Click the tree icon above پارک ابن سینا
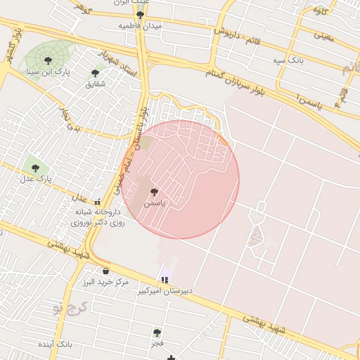pyautogui.click(x=48, y=60)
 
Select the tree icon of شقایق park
pyautogui.click(x=96, y=72)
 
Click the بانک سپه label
pyautogui.click(x=289, y=60)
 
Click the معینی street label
pyautogui.click(x=324, y=34)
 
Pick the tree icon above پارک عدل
pyautogui.click(x=35, y=168)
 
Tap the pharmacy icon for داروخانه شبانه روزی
pyautogui.click(x=97, y=202)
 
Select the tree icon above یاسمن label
pyautogui.click(x=155, y=192)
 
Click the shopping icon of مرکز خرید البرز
pyautogui.click(x=105, y=271)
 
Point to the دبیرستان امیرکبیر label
pyautogui.click(x=165, y=290)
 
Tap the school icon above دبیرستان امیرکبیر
pyautogui.click(x=165, y=279)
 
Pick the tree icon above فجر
pyautogui.click(x=157, y=333)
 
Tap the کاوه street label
pyautogui.click(x=321, y=10)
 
